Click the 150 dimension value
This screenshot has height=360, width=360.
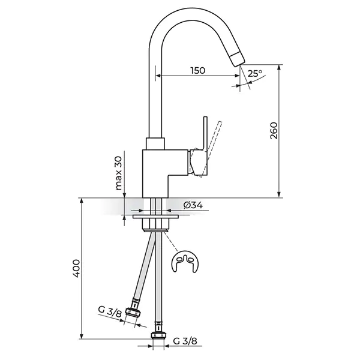point(197,70)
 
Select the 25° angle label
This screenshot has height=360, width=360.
point(255,73)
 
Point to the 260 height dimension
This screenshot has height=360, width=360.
point(274,131)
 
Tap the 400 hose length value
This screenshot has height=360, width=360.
point(76,268)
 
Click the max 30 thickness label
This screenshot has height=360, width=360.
point(118,173)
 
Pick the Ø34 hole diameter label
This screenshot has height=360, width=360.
point(193,205)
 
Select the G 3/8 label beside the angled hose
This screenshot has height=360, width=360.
point(110,311)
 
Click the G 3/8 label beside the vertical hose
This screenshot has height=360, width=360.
point(185,341)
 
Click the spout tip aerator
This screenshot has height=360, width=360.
point(238,59)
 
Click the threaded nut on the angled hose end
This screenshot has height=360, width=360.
point(133,313)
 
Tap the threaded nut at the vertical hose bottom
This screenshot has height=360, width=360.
point(158,335)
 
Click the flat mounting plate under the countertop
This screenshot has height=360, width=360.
point(156,217)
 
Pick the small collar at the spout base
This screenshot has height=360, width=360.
point(155,144)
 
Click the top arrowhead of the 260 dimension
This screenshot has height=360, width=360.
point(279,68)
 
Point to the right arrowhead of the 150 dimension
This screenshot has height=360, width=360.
point(237,76)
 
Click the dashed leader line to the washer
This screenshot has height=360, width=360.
point(171,241)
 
